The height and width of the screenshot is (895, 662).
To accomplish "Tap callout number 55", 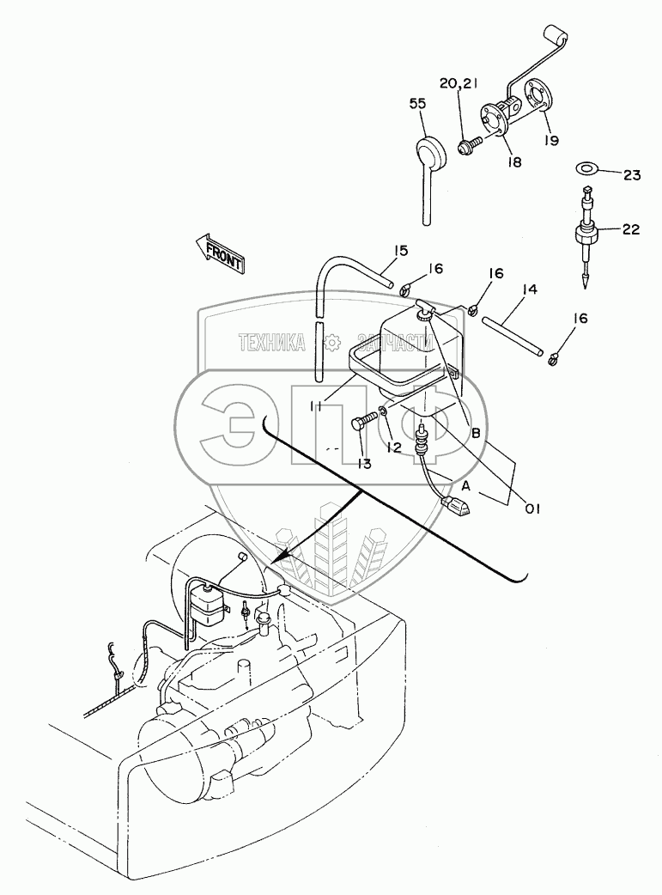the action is [x=417, y=104].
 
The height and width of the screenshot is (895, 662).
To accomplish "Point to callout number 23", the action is [x=632, y=175].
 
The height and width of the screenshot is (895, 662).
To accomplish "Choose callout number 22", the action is [x=631, y=230].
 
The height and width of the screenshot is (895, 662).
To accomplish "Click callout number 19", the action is [x=550, y=140].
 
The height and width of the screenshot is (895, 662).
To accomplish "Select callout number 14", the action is [x=529, y=289].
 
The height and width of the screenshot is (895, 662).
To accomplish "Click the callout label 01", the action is [x=532, y=508].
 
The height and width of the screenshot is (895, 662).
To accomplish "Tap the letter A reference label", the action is [x=466, y=486].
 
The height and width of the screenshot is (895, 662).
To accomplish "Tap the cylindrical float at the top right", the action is [x=554, y=35].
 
